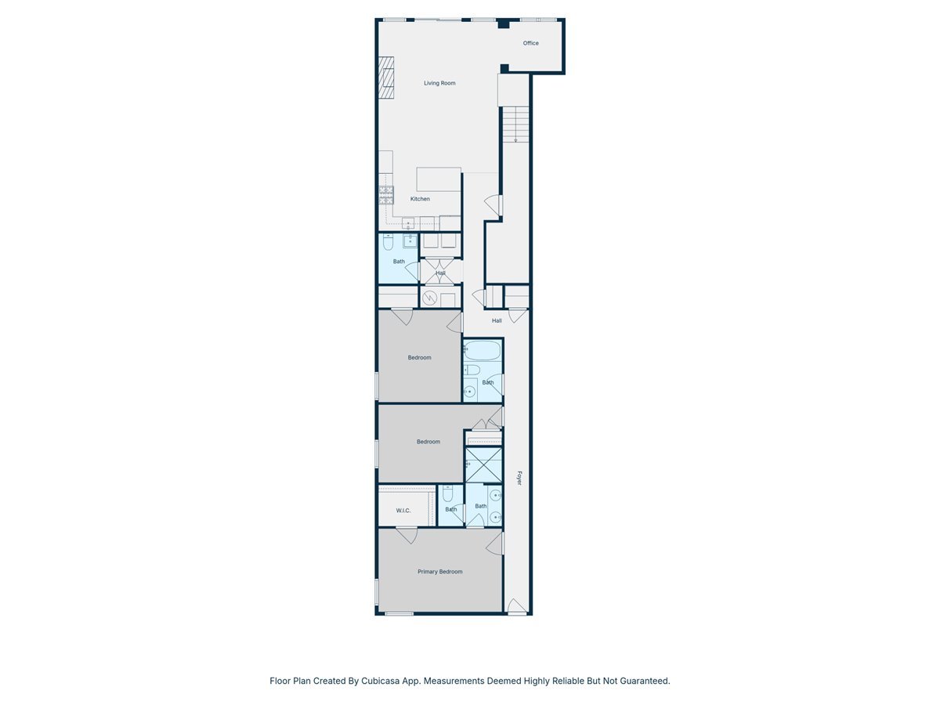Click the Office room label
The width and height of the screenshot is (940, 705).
(x=530, y=43)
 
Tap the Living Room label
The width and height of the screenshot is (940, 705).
(x=439, y=83)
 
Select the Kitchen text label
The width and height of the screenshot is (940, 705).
(x=420, y=199)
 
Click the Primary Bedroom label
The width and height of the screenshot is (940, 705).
(x=439, y=572)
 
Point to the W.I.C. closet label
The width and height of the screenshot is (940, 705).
(x=403, y=511)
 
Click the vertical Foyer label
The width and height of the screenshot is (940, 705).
(x=519, y=478)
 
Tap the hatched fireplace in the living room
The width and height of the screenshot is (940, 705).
(x=386, y=78)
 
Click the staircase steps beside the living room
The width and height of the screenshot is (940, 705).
(x=515, y=125)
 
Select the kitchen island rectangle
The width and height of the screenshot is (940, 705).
(x=438, y=179)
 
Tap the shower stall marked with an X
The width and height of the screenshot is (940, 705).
(x=483, y=465)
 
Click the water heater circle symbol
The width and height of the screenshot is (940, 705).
(x=430, y=298)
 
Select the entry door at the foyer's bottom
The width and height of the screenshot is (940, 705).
(x=516, y=606)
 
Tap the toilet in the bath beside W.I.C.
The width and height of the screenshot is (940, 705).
(x=447, y=494)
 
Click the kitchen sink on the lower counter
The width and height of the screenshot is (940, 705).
(x=407, y=225)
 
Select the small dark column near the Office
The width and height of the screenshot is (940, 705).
(x=504, y=25)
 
